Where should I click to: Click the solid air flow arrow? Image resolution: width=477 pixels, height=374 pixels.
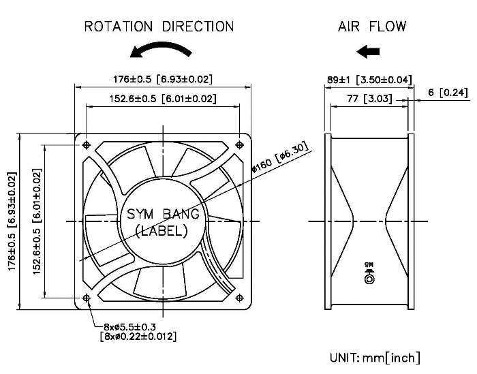click(x=368, y=51)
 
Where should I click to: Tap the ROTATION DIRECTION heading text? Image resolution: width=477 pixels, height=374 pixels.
click(x=159, y=27)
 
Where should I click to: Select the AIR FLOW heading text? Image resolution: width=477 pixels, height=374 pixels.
click(x=372, y=27)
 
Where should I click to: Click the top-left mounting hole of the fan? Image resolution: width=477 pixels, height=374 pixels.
click(x=87, y=144)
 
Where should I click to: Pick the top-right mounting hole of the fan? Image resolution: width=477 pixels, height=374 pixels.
click(x=240, y=144)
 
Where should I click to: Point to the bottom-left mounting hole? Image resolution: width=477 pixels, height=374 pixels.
click(x=87, y=298)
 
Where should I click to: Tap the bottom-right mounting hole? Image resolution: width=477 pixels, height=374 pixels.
click(x=240, y=298)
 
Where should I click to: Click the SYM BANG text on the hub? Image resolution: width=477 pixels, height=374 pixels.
click(x=163, y=214)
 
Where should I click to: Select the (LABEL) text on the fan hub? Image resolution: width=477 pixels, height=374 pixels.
click(x=161, y=231)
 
